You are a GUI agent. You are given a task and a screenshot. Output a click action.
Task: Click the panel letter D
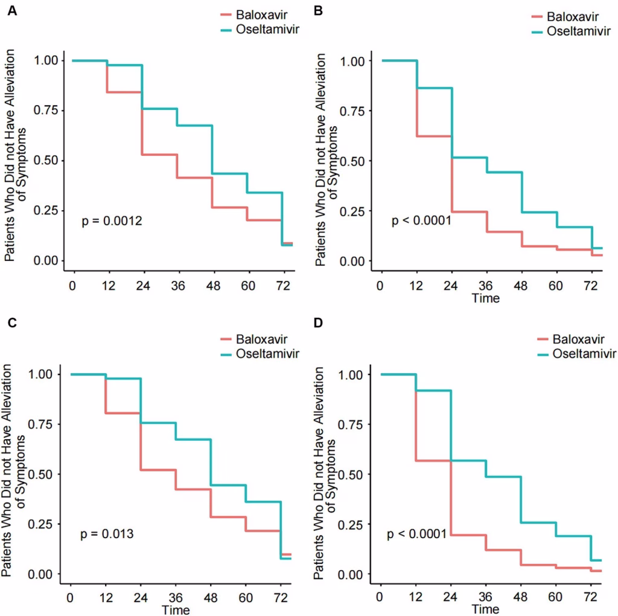320,323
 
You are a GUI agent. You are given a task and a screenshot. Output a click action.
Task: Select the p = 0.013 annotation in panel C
107,534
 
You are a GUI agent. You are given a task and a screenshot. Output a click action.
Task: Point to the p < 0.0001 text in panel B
422,221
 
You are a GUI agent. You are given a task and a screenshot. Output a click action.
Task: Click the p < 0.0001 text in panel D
416,534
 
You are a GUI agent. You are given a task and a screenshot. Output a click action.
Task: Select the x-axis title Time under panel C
176,610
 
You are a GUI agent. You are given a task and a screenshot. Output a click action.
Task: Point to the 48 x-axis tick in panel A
212,284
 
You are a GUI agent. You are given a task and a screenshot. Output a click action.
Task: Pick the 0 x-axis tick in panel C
71,597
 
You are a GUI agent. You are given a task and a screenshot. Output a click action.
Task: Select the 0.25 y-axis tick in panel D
353,524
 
